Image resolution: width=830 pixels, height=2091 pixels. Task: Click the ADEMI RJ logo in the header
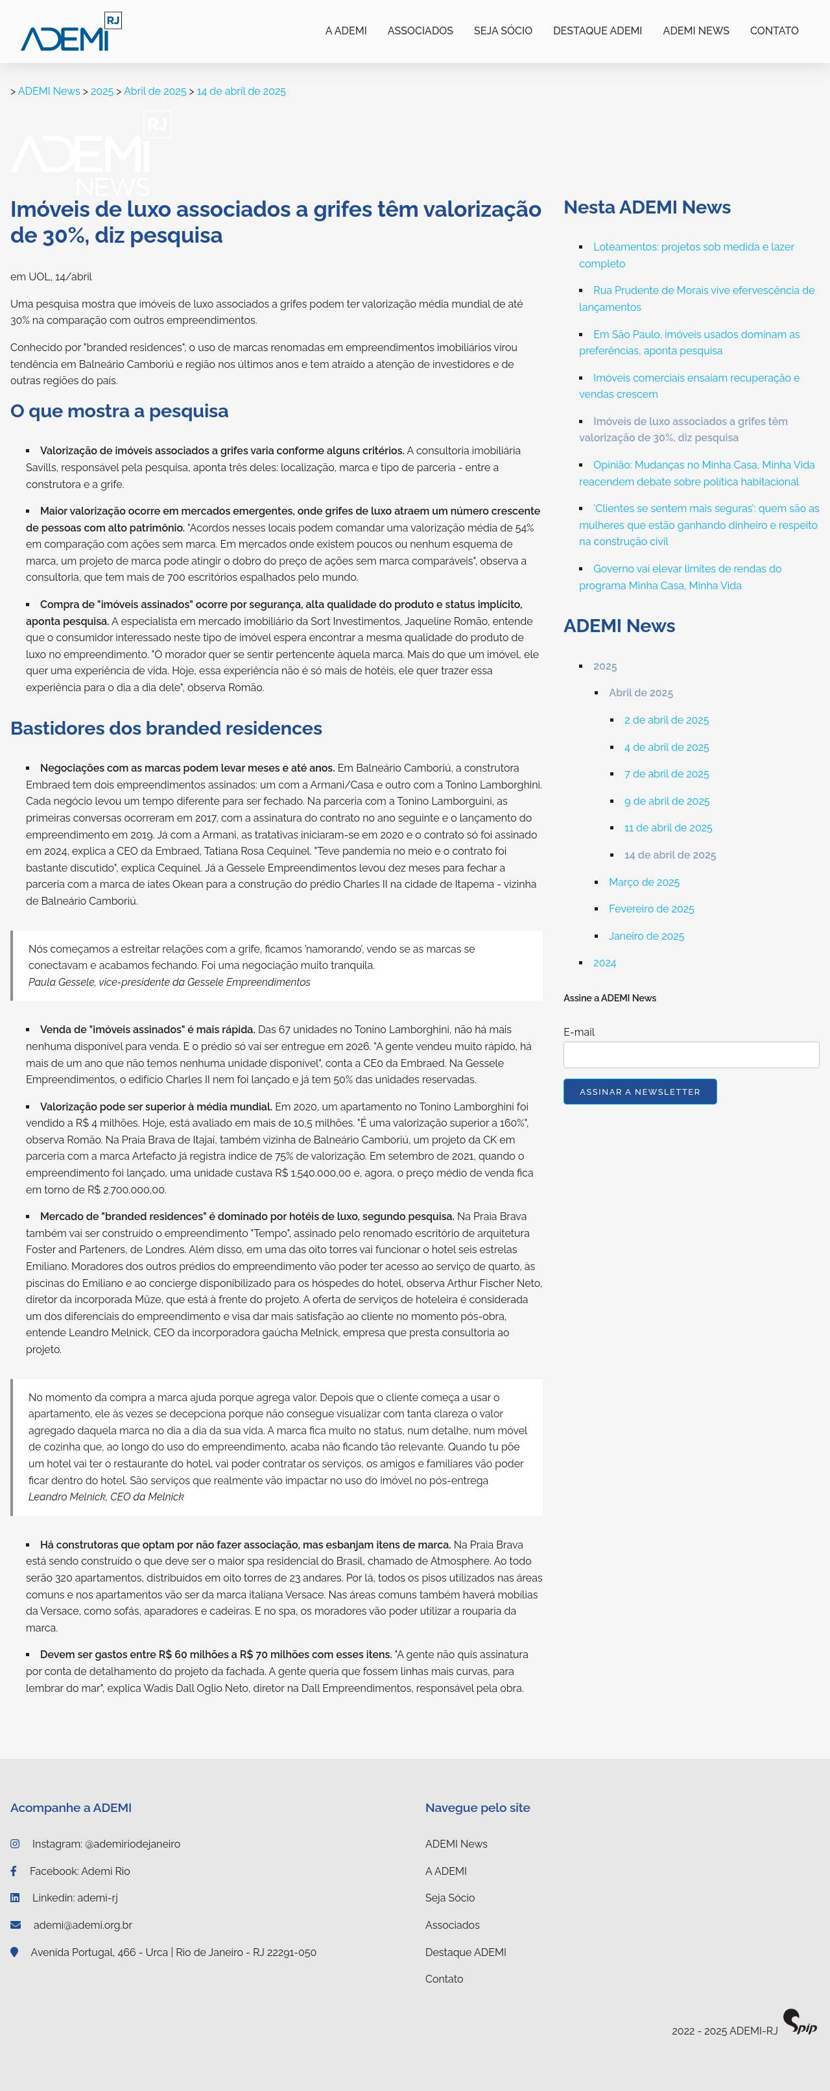coord(71,32)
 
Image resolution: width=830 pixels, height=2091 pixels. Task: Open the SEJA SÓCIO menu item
coord(503,31)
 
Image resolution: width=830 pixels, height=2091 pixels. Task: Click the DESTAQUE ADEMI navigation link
coord(597,31)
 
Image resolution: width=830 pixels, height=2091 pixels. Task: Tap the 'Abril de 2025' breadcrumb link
coord(154,92)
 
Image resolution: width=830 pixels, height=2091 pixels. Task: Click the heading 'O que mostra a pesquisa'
coord(119,411)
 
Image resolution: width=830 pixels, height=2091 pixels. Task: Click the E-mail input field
coord(691,1055)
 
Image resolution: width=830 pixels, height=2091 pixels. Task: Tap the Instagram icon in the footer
coord(15,1844)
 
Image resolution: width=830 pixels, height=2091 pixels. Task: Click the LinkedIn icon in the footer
coord(15,1898)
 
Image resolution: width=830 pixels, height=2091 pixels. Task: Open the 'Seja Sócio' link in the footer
coord(449,1898)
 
